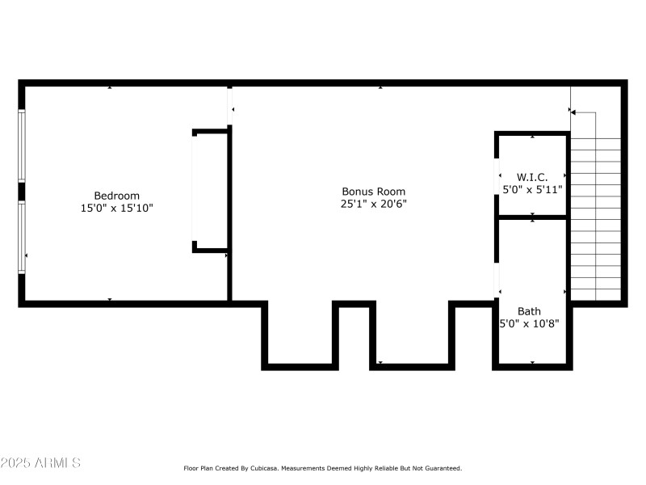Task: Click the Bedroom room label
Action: pyautogui.click(x=117, y=196)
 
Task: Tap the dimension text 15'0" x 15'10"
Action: pyautogui.click(x=117, y=208)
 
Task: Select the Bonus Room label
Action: pyautogui.click(x=373, y=192)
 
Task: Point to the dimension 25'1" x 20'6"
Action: pyautogui.click(x=373, y=204)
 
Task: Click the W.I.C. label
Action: pyautogui.click(x=532, y=176)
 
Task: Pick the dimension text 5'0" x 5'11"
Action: pyautogui.click(x=532, y=188)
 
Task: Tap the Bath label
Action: pyautogui.click(x=530, y=311)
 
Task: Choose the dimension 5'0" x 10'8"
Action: pyautogui.click(x=530, y=323)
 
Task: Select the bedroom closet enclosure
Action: pyautogui.click(x=211, y=191)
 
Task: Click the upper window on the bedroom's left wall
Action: pyautogui.click(x=22, y=146)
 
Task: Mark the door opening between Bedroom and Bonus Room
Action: pyautogui.click(x=230, y=105)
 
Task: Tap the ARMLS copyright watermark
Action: pyautogui.click(x=40, y=463)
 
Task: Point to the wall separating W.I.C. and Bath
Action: pyautogui.click(x=532, y=217)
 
